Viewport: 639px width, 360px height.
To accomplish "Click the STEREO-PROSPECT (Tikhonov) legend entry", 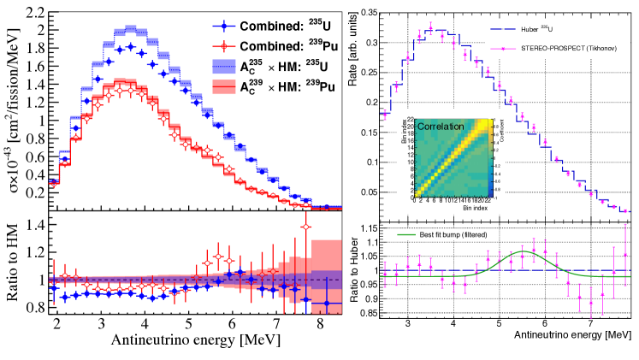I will click(556, 49).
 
